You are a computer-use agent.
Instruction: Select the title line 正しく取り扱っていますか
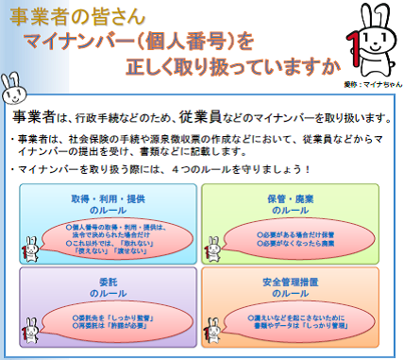(230, 67)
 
